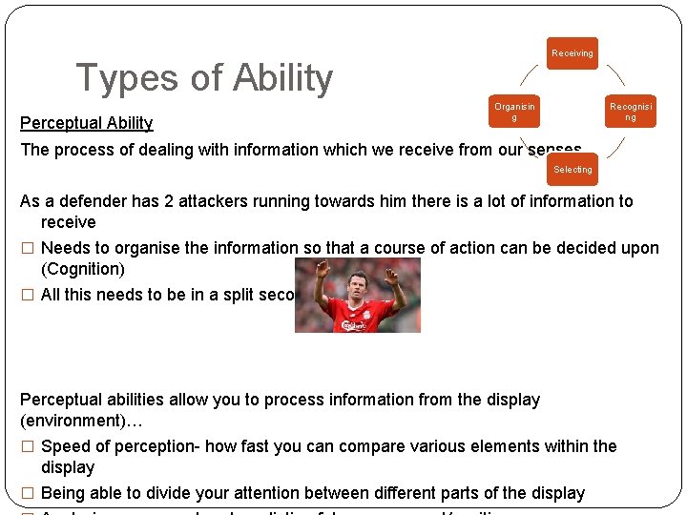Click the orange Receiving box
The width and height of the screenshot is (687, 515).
(572, 53)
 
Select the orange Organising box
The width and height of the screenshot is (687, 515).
(514, 113)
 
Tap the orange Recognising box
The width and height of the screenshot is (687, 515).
(631, 113)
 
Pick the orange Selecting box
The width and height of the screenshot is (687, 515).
(572, 170)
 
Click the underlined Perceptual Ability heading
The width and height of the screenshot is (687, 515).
(86, 122)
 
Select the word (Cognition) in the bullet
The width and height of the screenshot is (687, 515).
(83, 269)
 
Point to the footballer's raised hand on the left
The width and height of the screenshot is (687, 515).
(322, 264)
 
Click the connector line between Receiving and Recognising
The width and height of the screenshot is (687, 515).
(615, 75)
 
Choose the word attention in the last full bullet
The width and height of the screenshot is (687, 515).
(283, 493)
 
